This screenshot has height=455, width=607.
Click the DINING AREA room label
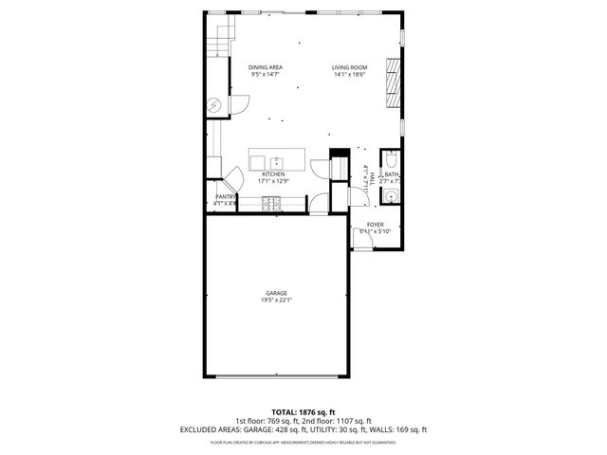pyautogui.click(x=265, y=67)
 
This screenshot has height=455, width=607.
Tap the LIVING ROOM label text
pyautogui.click(x=348, y=67)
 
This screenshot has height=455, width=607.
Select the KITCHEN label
pyautogui.click(x=273, y=174)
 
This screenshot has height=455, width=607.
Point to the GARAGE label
pyautogui.click(x=276, y=293)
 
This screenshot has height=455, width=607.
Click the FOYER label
pyautogui.click(x=375, y=226)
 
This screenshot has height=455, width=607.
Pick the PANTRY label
pyautogui.click(x=225, y=196)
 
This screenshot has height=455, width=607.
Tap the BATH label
pyautogui.click(x=391, y=174)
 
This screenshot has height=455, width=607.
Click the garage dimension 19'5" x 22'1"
pyautogui.click(x=276, y=300)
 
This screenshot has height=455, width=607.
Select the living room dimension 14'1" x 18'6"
pyautogui.click(x=348, y=75)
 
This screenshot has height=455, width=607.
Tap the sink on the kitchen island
pyautogui.click(x=277, y=161)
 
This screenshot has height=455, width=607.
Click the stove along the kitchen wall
pyautogui.click(x=271, y=202)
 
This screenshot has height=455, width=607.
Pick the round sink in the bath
pyautogui.click(x=390, y=196)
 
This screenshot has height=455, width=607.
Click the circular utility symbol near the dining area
pyautogui.click(x=215, y=103)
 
